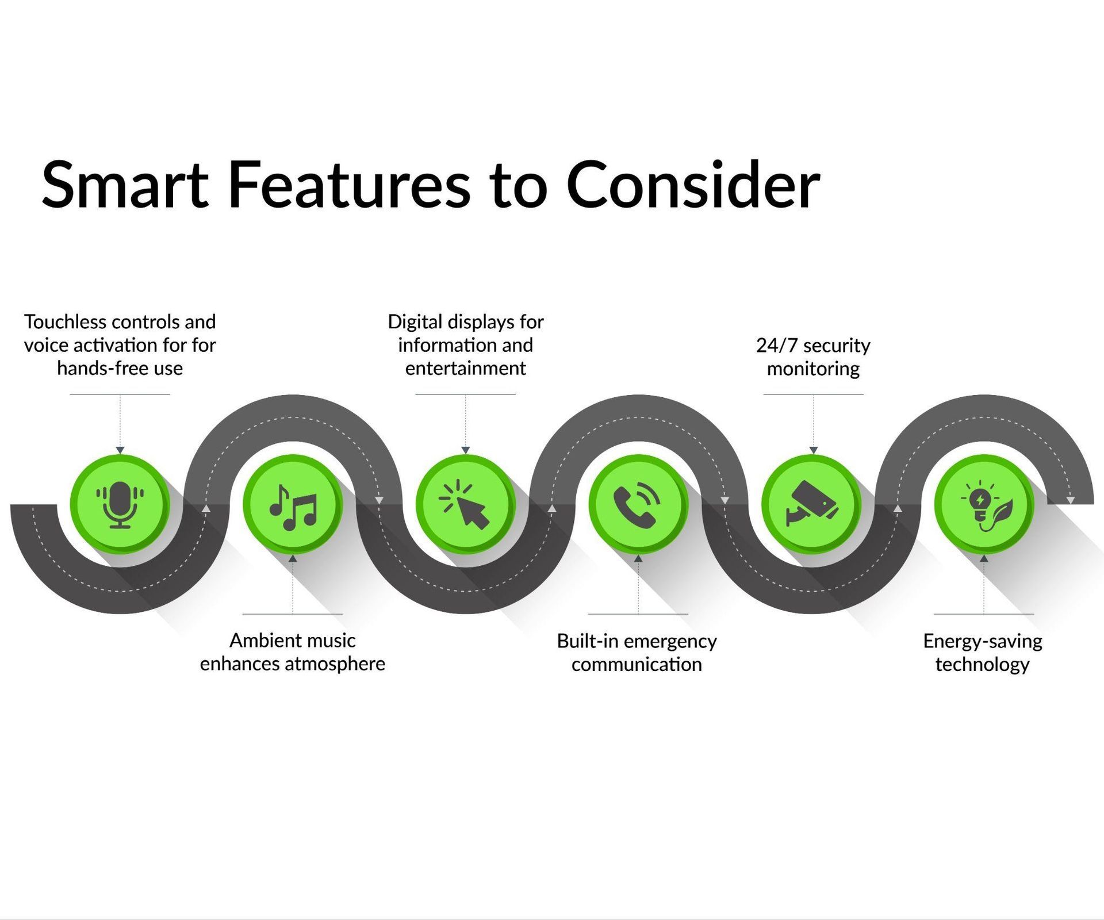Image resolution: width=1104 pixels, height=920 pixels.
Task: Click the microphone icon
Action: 120,504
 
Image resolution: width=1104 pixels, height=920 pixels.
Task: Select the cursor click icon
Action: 465,504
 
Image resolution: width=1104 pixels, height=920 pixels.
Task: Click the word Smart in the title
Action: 125,185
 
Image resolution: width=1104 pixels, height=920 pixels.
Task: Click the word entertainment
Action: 466,368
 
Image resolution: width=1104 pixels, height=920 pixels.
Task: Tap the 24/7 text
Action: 777,346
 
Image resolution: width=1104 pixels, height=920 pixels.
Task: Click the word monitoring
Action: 814,369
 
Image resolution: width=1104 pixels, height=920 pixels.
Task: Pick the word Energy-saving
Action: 983,641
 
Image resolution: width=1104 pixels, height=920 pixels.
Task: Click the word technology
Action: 983,664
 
